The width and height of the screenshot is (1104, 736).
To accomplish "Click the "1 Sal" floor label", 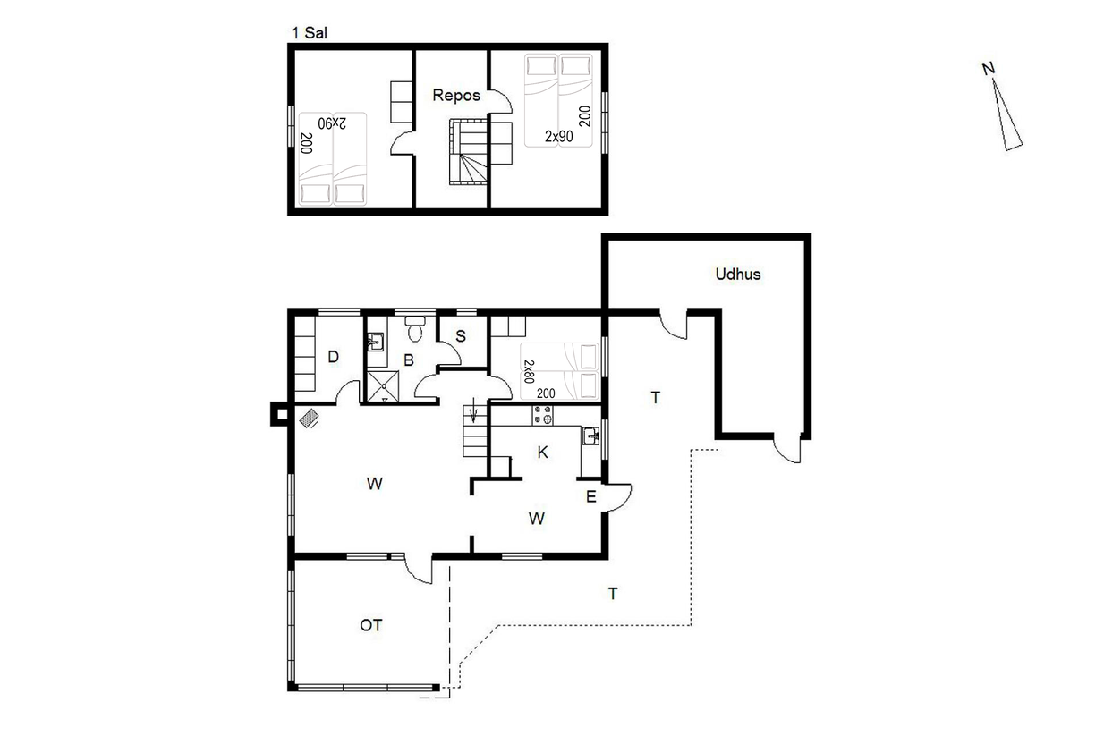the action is point(309,33).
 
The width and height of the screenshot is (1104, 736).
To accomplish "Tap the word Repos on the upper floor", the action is point(456,95).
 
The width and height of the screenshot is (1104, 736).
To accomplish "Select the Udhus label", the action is point(738,274).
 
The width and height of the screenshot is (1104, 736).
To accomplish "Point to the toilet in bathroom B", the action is point(415,328).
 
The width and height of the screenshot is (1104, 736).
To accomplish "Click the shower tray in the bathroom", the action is point(383,386).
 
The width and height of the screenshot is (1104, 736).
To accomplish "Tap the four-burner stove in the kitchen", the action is point(542,415).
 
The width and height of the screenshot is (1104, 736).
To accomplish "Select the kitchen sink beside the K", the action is point(591,436).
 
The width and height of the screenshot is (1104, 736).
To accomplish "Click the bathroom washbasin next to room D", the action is point(376,342).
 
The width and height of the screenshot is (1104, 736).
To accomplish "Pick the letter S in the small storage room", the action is point(461,336).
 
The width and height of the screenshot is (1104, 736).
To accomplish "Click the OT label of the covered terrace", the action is point(371,625).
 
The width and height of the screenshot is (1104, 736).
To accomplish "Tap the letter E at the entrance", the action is point(591,496).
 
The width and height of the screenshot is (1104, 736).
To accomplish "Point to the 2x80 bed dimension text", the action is point(529,371).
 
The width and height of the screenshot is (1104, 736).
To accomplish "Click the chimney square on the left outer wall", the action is point(280,414).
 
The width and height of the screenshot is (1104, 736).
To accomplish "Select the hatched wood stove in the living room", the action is point(309,419).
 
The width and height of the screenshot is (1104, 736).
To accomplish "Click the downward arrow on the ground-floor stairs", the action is point(473,410).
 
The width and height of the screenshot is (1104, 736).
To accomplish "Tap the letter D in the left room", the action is point(333,357).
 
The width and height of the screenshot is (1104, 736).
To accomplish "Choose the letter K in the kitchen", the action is point(543,452).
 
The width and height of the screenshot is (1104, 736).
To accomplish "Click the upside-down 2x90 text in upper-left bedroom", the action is point(332,123).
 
